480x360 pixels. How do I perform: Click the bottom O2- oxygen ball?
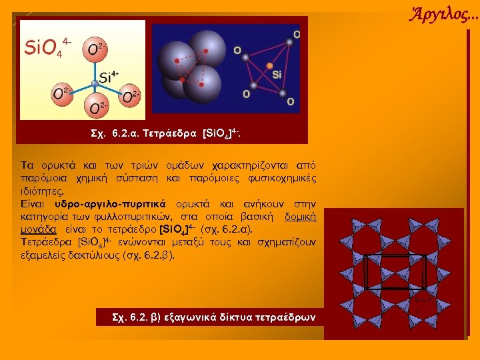[96, 107]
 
